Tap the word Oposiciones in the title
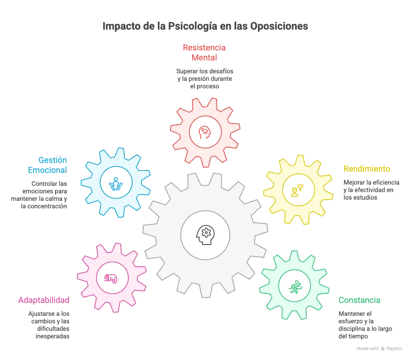pos(279,26)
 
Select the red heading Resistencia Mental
pos(204,52)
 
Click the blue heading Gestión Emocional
pos(47,165)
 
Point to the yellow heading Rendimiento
pos(367,169)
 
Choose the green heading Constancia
pos(359,300)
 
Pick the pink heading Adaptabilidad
pos(44,300)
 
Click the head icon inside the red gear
pos(205,132)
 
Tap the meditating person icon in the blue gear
pos(116,184)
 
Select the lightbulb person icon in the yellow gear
pos(297,190)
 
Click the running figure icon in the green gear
pos(295,287)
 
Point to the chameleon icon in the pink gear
pos(111,278)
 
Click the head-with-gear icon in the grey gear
pos(205,235)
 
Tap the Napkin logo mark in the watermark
pos(383,349)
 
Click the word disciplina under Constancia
pos(351,329)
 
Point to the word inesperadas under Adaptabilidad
pos(52,336)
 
